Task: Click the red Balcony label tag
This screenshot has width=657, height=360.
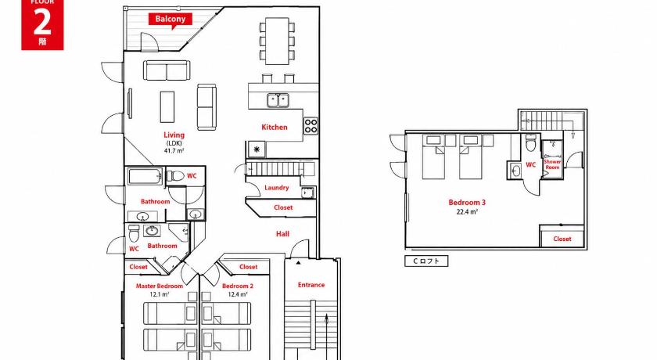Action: pos(171,20)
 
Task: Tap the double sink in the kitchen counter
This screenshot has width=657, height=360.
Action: pos(278,101)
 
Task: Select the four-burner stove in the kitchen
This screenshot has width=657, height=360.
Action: pos(311,126)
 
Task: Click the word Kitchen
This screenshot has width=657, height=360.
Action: pos(275,127)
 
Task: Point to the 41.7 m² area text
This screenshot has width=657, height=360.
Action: pos(174,150)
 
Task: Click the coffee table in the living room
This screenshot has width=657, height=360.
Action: pos(167,107)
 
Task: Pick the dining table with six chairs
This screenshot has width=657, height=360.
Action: pos(277,41)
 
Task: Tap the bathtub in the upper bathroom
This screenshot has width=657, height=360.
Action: pos(145,176)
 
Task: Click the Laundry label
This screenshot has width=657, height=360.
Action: pos(277,188)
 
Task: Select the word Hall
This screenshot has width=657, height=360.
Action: pos(282,234)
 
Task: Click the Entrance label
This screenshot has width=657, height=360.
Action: pos(311,285)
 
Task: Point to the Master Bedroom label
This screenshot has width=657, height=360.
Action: pos(160,286)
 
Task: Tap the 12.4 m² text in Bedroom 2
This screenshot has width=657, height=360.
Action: pos(238,294)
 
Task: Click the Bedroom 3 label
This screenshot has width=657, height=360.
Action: pos(467,203)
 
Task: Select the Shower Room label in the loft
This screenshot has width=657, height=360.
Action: pos(552,164)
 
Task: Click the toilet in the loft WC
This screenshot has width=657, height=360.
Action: pos(531,143)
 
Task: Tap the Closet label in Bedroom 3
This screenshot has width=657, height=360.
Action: pos(562,239)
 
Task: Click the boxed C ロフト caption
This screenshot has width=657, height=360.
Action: pos(426,261)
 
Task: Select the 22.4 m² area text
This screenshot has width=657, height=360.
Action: pos(467,212)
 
